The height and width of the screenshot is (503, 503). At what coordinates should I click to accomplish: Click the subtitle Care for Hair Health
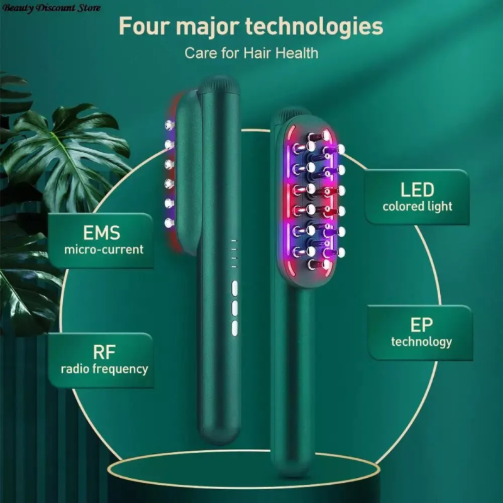click(x=251, y=53)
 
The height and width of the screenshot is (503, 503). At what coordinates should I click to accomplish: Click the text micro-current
click(x=104, y=249)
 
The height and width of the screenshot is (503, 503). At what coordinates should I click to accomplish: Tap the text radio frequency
click(x=104, y=368)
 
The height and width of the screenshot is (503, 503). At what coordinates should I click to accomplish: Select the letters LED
click(x=417, y=189)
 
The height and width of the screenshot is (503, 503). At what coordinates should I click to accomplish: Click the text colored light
click(x=417, y=206)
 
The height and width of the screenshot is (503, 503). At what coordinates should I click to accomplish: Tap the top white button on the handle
click(x=235, y=289)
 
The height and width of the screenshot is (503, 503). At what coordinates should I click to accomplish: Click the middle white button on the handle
click(x=235, y=308)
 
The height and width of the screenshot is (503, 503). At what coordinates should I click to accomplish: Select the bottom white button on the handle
click(x=235, y=328)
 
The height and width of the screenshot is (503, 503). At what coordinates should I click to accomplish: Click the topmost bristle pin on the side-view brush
click(x=169, y=123)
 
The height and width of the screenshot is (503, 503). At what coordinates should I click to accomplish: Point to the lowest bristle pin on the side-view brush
click(x=169, y=223)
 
